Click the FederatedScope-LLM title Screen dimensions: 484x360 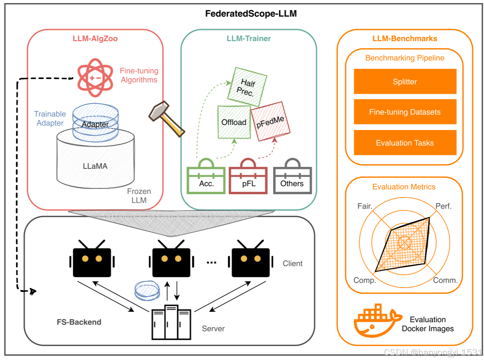(x=251, y=14)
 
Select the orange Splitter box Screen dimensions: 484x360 (x=405, y=81)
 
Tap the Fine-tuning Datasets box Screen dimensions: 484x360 (x=405, y=112)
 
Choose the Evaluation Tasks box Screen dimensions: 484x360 (x=405, y=142)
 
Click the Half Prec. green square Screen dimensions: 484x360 (x=247, y=87)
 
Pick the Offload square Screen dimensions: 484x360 (x=234, y=122)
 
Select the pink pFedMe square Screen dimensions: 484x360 (x=270, y=121)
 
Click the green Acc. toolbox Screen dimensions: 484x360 (x=206, y=176)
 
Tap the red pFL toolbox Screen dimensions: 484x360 (x=248, y=176)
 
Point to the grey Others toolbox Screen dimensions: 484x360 (x=292, y=176)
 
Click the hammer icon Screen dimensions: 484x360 (x=167, y=119)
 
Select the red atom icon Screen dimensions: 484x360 (x=95, y=78)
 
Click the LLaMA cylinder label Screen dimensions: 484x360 (x=95, y=166)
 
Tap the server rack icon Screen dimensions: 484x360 (x=171, y=322)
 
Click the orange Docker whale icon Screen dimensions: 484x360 (x=378, y=320)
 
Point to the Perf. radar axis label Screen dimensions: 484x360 (x=443, y=206)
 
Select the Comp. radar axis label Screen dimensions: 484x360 (x=364, y=280)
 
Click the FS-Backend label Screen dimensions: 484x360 (x=79, y=322)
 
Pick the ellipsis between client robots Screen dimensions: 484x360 (x=211, y=262)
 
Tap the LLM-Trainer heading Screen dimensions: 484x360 (x=248, y=39)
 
